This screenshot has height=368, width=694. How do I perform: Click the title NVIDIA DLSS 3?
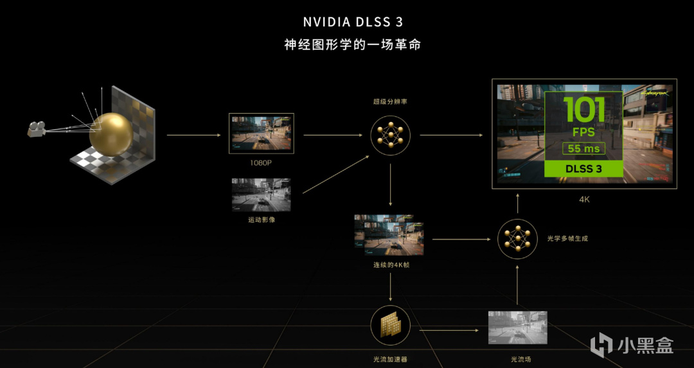pos(353,22)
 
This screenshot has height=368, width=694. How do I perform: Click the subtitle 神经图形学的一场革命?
pos(353,45)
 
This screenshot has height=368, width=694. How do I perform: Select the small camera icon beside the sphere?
pos(36,128)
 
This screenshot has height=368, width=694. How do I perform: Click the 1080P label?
pos(261,163)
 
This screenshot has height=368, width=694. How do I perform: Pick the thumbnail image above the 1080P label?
pos(261,134)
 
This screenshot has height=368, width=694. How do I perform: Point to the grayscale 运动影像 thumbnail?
pos(261,195)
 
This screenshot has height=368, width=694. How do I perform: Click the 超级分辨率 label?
pos(390,101)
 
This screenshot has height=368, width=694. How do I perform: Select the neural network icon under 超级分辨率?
pos(390,136)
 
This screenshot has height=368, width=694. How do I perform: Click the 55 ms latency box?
pos(583,148)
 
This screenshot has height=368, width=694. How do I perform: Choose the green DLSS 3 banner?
pos(583,168)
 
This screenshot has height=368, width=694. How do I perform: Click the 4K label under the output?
pos(583,200)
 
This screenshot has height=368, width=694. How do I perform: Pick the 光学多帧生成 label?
pos(567,238)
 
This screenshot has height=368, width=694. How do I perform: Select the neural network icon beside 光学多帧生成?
pos(518,239)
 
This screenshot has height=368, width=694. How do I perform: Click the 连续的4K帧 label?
pos(390,265)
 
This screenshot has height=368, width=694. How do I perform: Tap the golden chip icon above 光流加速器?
pos(390,326)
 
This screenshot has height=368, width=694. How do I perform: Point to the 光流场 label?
pos(518,359)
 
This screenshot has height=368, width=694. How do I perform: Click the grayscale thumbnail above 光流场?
pos(518,328)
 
